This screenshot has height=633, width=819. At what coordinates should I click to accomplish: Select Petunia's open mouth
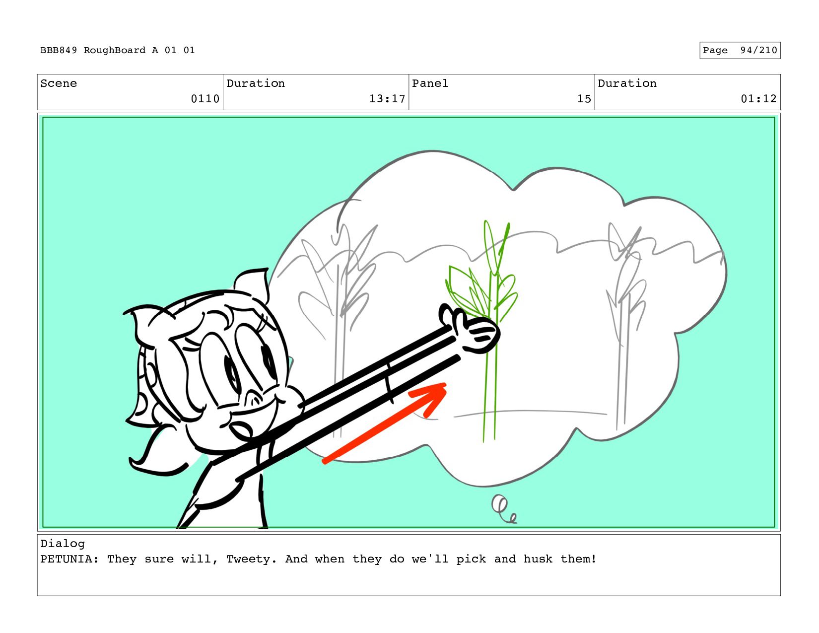point(241,430)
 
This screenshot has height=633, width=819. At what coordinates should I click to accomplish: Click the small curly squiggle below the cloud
point(504,509)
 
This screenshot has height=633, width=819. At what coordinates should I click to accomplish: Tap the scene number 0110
point(205,99)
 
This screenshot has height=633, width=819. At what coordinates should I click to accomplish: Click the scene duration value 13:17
point(387,99)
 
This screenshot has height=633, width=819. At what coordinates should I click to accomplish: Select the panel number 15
point(584,99)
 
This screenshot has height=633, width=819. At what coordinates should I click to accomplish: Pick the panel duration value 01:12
point(759,99)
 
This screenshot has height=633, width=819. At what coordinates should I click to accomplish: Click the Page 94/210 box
point(740,50)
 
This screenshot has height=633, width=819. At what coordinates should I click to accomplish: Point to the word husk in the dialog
point(538,559)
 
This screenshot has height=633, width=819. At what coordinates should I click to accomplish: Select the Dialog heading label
point(63,544)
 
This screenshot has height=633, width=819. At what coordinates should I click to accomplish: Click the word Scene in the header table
point(59,83)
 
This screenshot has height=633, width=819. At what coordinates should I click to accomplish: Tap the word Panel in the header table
point(430,83)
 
